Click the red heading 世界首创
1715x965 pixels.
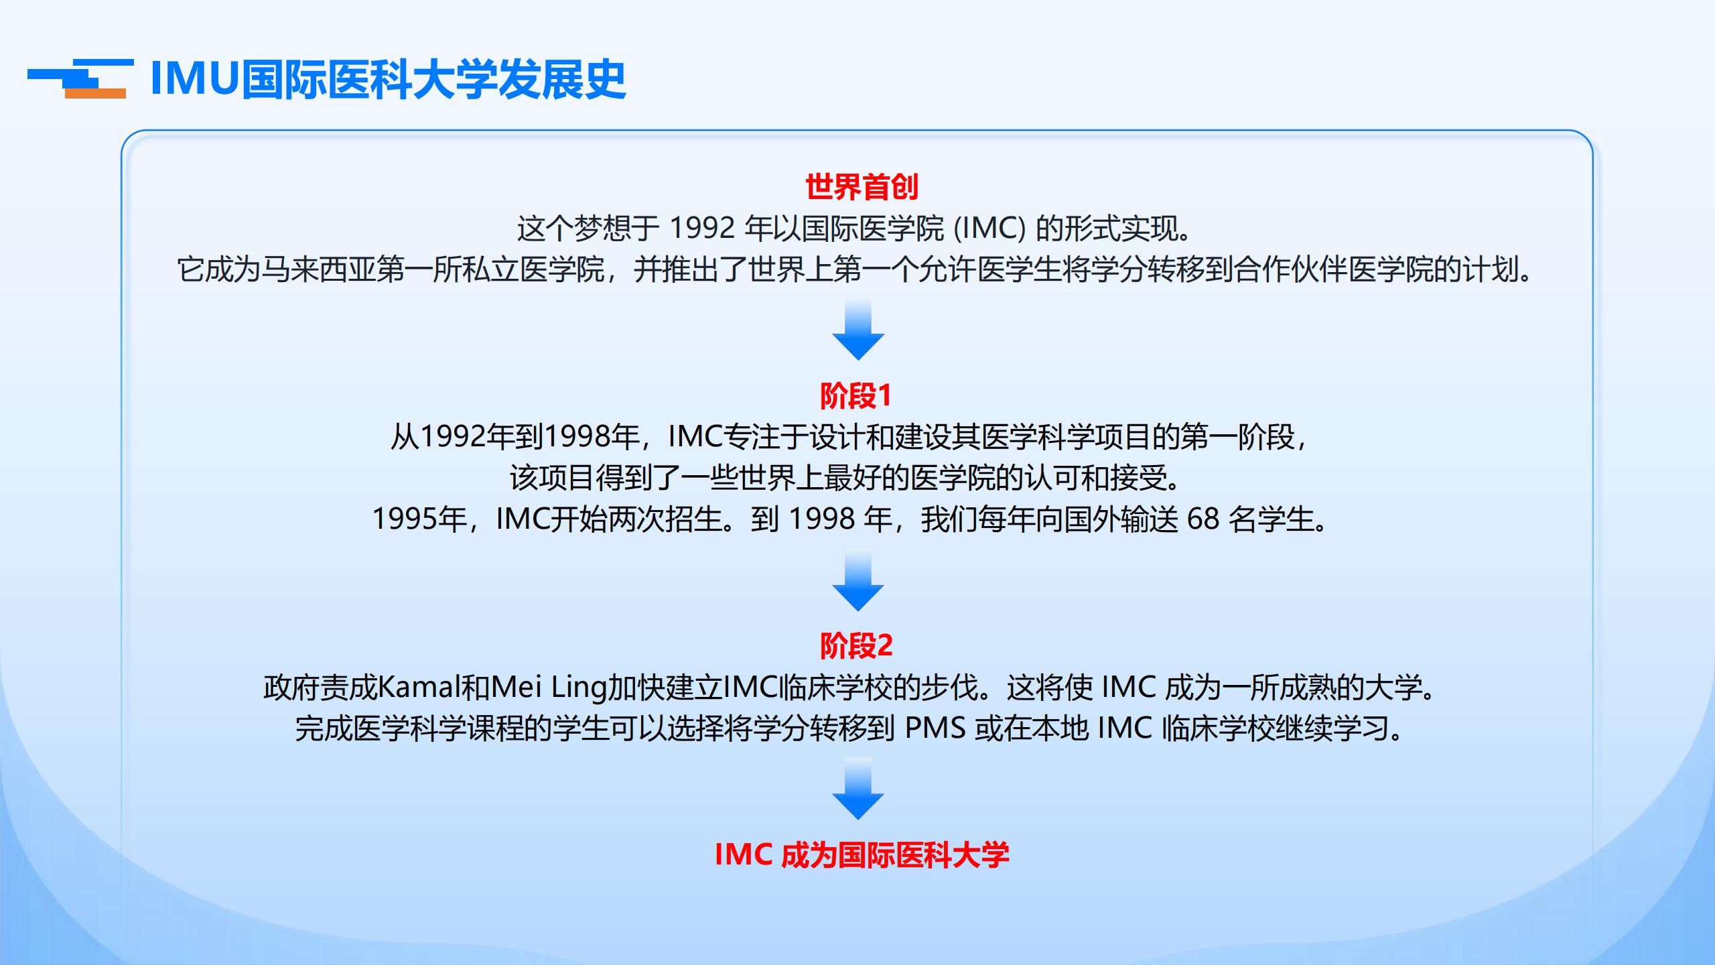pyautogui.click(x=862, y=187)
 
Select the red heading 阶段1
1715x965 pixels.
pyautogui.click(x=856, y=396)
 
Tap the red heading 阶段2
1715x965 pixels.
pyautogui.click(x=856, y=646)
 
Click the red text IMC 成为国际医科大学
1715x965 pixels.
pyautogui.click(x=862, y=855)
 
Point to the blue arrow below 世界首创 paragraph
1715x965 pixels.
pyautogui.click(x=858, y=330)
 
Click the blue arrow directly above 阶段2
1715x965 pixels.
pyautogui.click(x=858, y=580)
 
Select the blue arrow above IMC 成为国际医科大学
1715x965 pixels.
pyautogui.click(x=858, y=789)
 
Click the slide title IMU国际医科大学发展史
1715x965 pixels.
pyautogui.click(x=389, y=80)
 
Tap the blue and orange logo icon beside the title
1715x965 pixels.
pyautogui.click(x=80, y=79)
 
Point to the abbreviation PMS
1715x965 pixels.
pyautogui.click(x=935, y=729)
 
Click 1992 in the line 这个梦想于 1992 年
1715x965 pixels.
pyautogui.click(x=702, y=229)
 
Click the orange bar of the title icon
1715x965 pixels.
pyautogui.click(x=95, y=94)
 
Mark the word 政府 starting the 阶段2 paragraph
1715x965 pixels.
pyautogui.click(x=291, y=688)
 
